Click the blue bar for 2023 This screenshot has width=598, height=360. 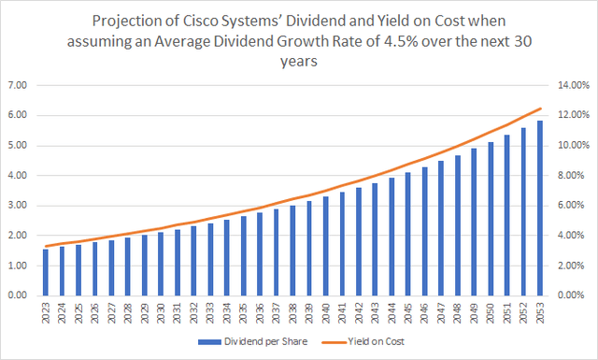(x=45, y=272)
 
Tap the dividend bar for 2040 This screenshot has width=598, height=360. (x=324, y=246)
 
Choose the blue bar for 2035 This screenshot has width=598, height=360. (x=242, y=255)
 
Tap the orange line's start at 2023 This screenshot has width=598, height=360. (x=45, y=246)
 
